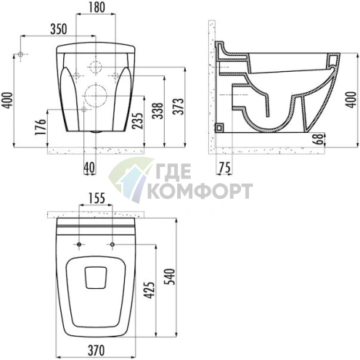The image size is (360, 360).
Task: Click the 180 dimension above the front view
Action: click(x=96, y=7)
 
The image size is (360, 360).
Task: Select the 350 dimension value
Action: click(x=59, y=29)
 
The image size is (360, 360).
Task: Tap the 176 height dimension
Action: click(x=41, y=127)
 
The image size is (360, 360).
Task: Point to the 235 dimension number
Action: click(x=138, y=120)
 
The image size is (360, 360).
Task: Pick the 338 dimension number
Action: click(x=158, y=111)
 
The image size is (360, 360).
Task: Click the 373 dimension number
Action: click(x=179, y=106)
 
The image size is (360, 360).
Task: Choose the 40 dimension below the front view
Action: click(x=89, y=168)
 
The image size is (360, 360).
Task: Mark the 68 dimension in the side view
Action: click(x=320, y=139)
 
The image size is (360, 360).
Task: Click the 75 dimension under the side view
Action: click(x=225, y=168)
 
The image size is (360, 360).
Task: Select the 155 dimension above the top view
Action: click(x=96, y=198)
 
